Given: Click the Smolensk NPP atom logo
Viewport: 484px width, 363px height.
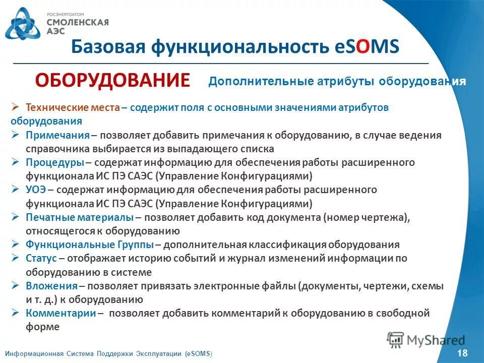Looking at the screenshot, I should point(22,23).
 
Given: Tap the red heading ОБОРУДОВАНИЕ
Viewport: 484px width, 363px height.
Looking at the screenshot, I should point(112,80).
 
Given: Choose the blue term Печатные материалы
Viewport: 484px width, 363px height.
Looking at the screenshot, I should point(80,217).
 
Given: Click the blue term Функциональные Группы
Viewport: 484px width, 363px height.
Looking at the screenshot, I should point(90,245).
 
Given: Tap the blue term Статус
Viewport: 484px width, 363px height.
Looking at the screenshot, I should point(42,258).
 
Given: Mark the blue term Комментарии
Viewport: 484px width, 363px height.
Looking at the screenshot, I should point(61,313).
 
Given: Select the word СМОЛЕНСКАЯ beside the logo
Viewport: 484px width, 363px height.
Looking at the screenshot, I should point(77,22).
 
